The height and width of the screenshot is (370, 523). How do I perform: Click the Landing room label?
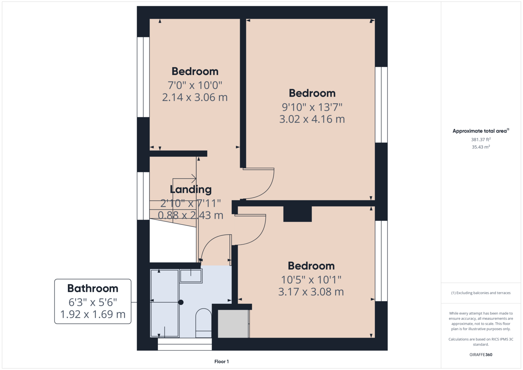coord(191,189)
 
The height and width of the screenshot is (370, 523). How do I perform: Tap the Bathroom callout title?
coord(93,288)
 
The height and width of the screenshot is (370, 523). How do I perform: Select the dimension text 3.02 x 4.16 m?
coord(312,119)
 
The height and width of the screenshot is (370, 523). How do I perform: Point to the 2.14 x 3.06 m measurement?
coord(195,97)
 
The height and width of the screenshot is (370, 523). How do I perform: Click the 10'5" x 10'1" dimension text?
coord(311,280)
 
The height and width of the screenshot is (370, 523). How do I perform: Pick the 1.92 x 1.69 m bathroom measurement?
coord(93,314)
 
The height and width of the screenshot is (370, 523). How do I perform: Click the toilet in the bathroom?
coord(203,323)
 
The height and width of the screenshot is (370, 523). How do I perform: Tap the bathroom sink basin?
coord(191,276)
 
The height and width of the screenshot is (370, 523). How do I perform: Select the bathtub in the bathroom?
coord(165,303)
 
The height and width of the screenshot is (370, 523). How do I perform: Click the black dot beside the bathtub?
coord(181,302)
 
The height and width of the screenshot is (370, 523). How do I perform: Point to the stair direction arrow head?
coord(194,179)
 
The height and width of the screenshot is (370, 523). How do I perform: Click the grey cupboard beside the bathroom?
coord(233,324)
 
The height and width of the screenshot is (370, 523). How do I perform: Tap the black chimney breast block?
coord(298,214)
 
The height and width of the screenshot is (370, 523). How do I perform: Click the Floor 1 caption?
coord(222,361)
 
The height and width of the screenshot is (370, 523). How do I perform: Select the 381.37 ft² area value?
coord(481,139)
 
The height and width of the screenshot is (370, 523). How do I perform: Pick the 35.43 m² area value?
coord(481,147)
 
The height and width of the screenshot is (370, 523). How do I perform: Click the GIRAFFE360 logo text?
coord(481,354)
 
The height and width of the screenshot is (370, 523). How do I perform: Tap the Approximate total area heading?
coord(481,131)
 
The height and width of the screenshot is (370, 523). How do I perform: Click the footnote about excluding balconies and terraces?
coord(481,293)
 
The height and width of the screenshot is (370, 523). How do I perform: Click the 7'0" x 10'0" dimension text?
coord(195,85)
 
